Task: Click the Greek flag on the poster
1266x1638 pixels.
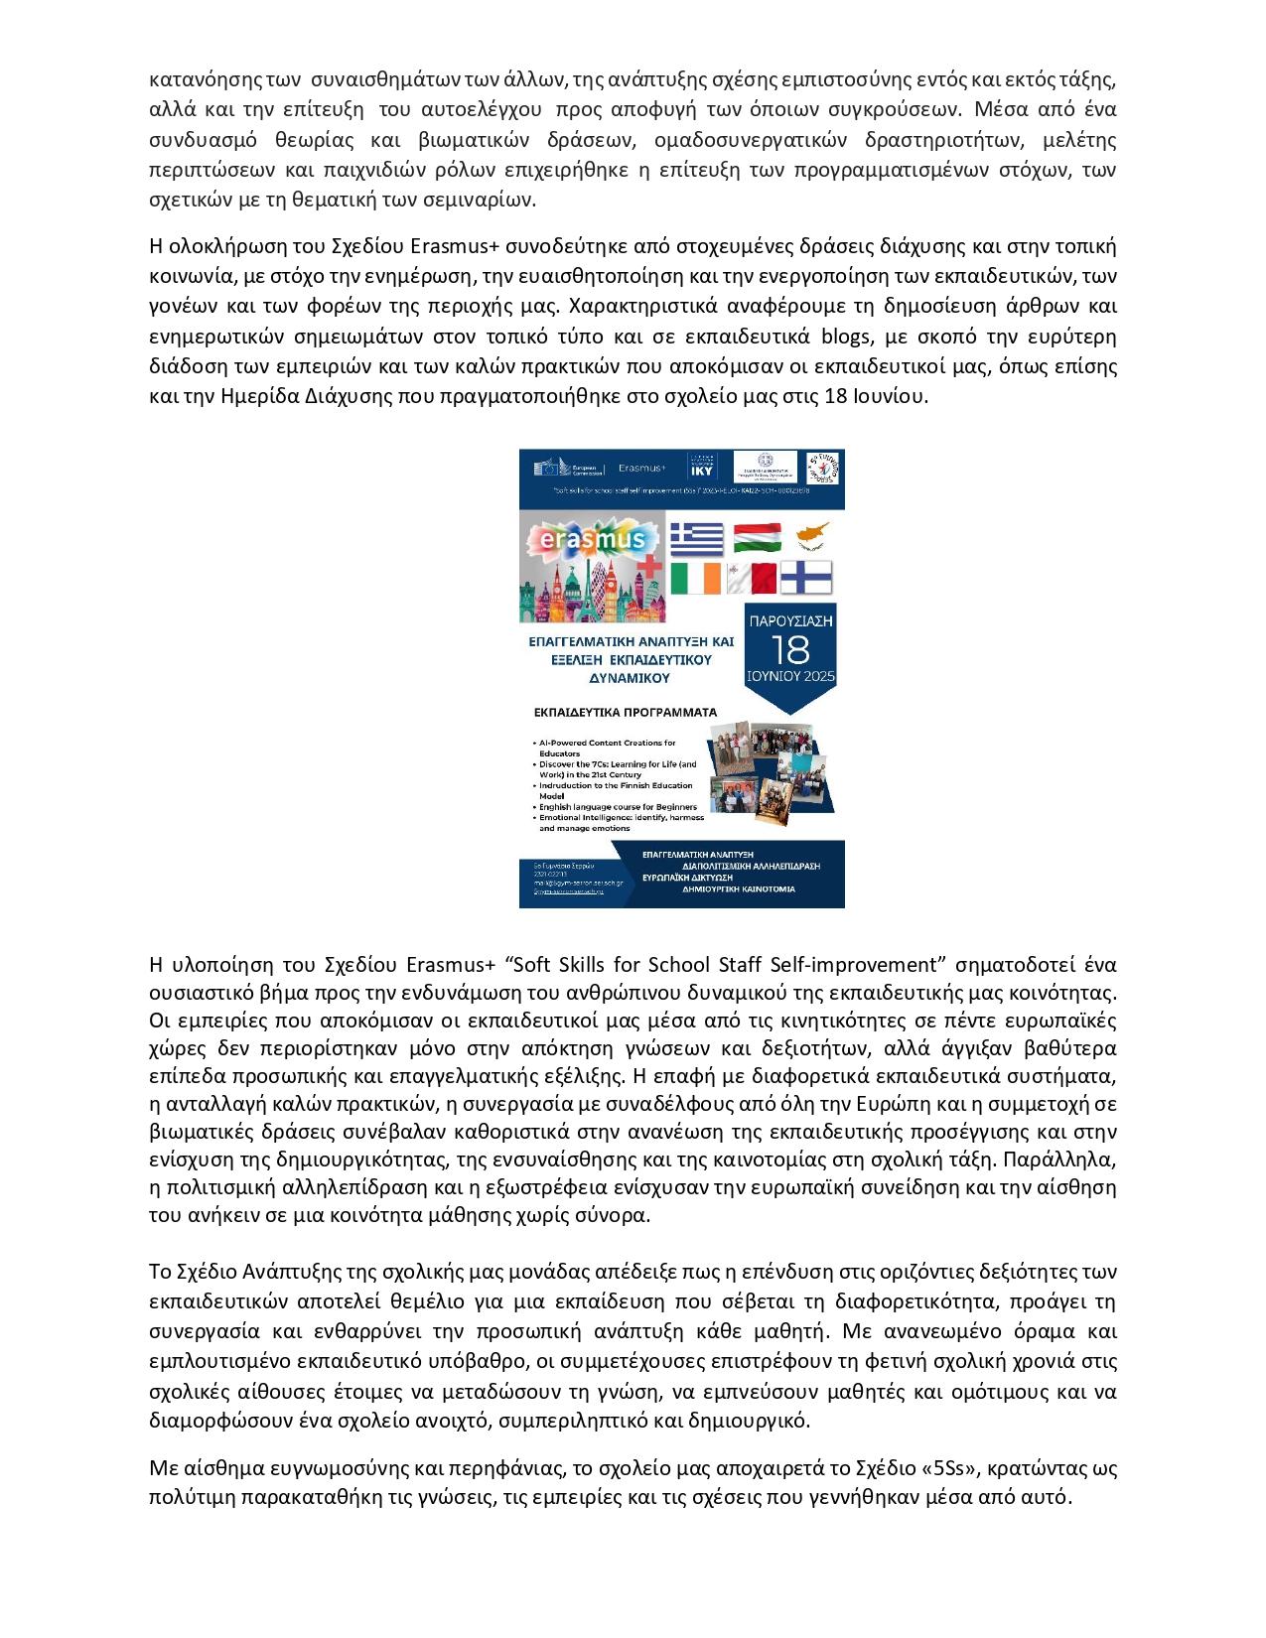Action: click(x=696, y=539)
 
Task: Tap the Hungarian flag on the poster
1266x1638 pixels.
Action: click(x=757, y=537)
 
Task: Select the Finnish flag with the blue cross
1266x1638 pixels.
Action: click(x=805, y=577)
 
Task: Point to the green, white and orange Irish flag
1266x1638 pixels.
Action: click(x=695, y=578)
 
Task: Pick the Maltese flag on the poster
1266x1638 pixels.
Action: click(x=752, y=578)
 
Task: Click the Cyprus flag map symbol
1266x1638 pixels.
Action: click(x=812, y=537)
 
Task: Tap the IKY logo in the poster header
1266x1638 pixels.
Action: click(x=701, y=468)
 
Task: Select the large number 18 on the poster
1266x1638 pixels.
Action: click(x=790, y=650)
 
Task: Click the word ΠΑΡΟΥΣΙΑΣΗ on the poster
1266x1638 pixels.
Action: click(x=790, y=621)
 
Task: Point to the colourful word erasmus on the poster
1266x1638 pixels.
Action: click(x=593, y=541)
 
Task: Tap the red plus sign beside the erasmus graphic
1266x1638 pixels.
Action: click(x=648, y=566)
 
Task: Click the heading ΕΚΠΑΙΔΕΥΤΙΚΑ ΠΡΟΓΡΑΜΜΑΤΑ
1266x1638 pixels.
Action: click(x=625, y=712)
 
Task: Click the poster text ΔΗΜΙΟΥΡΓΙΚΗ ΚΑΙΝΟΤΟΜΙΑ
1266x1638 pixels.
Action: click(x=738, y=889)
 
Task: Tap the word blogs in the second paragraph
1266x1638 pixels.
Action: click(x=846, y=336)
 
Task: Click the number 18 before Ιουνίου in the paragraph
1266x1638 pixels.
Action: click(x=836, y=396)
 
